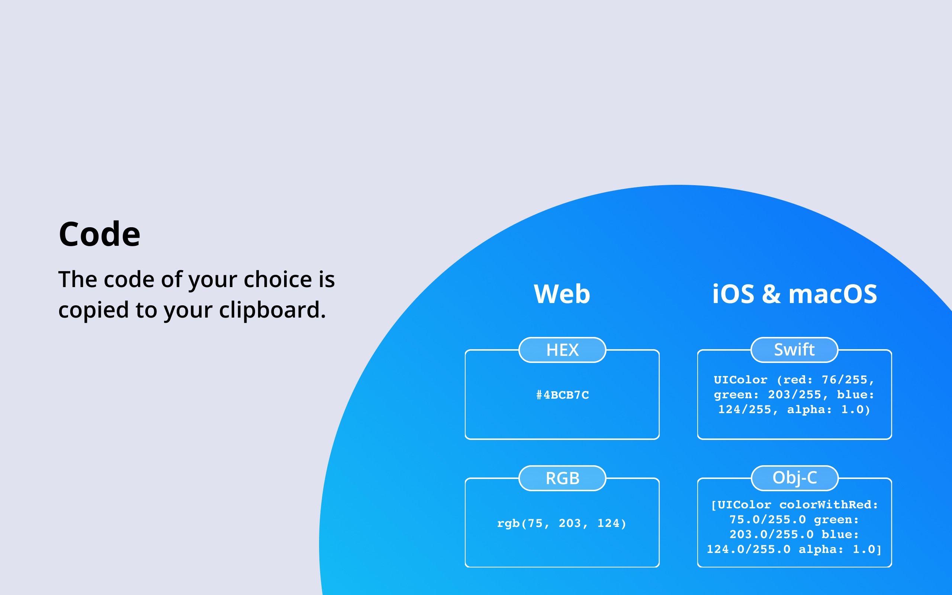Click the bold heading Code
click(100, 234)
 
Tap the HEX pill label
click(562, 350)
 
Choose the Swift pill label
click(794, 350)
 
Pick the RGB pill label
click(562, 478)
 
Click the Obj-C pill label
click(795, 478)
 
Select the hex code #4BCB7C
click(563, 395)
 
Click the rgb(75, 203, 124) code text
click(562, 523)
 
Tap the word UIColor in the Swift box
click(740, 380)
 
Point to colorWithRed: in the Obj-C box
click(829, 505)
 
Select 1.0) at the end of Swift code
click(856, 410)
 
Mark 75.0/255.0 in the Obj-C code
click(768, 520)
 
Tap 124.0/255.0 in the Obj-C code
click(749, 549)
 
